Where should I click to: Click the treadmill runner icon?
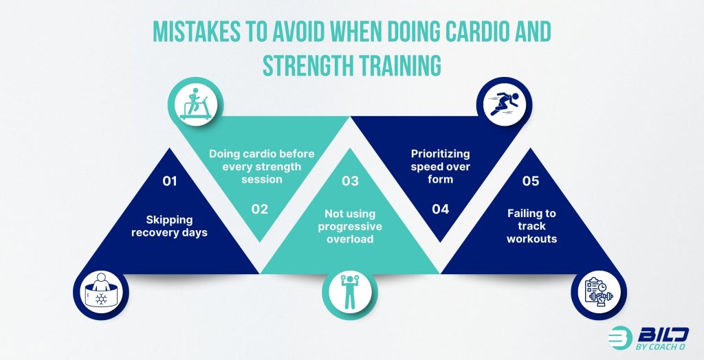[x=195, y=104]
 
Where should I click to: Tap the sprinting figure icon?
[x=504, y=104]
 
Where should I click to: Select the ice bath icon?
[x=101, y=291]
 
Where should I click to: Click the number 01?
[x=170, y=181]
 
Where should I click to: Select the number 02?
[x=259, y=209]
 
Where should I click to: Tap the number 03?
[x=350, y=181]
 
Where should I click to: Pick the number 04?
[x=441, y=209]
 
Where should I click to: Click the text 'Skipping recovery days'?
[x=169, y=226]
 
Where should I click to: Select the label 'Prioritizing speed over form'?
[x=441, y=166]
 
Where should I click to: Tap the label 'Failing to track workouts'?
[x=531, y=226]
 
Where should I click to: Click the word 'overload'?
[x=350, y=239]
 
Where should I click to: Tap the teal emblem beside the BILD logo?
[x=620, y=338]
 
